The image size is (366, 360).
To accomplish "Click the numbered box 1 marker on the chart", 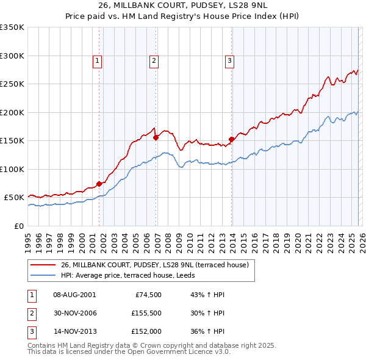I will pyautogui.click(x=98, y=60).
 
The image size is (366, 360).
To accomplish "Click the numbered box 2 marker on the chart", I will pyautogui.click(x=154, y=60).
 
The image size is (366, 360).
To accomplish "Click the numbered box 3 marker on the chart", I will pyautogui.click(x=229, y=60).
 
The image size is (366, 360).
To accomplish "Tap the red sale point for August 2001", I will pyautogui.click(x=99, y=183).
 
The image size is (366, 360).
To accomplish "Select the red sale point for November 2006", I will pyautogui.click(x=156, y=137).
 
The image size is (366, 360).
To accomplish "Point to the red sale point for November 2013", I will pyautogui.click(x=231, y=139).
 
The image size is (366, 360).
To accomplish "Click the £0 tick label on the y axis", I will pyautogui.click(x=18, y=226).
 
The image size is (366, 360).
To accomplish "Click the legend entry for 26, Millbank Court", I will pyautogui.click(x=154, y=265).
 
